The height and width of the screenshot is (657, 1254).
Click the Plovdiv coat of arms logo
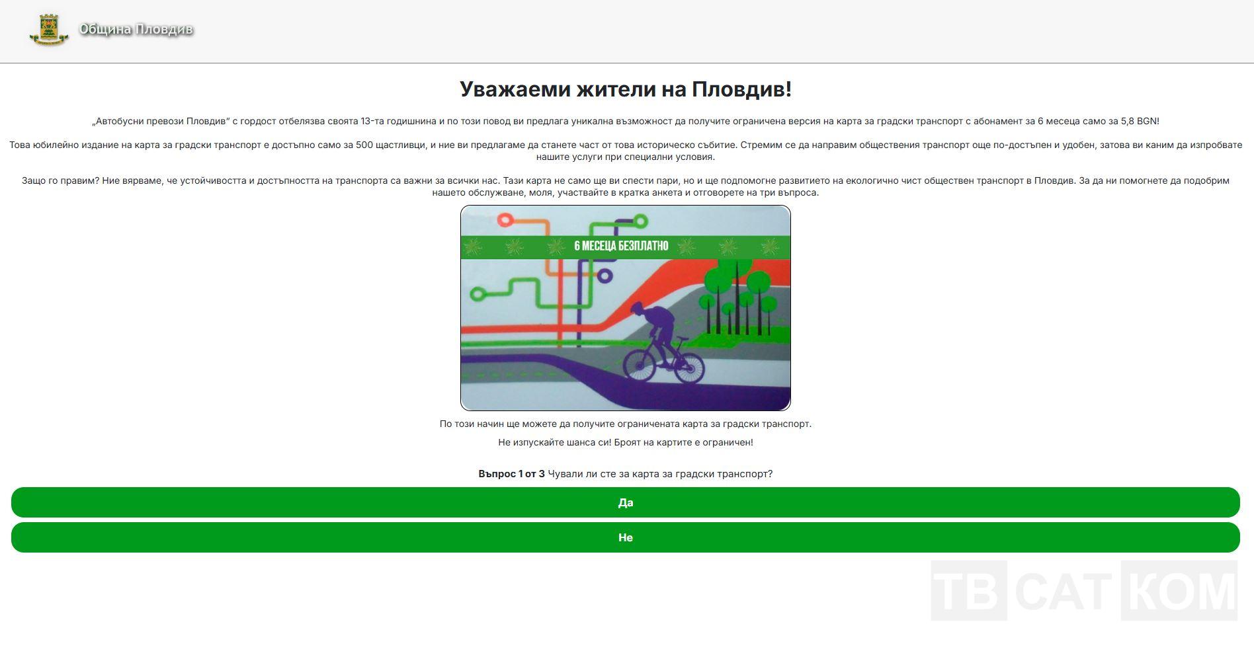49,30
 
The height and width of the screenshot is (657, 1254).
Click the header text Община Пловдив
136,30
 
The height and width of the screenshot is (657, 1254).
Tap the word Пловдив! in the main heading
741,89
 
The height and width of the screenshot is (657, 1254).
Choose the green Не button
626,537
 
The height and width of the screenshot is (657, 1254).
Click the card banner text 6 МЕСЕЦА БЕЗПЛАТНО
621,246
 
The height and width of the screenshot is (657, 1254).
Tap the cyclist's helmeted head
637,308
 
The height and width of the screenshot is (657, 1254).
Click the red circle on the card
505,220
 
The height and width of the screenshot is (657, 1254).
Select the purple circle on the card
605,276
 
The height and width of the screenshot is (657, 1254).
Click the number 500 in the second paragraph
364,145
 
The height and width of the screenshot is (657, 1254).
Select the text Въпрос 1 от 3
511,474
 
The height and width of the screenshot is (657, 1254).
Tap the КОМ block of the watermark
1179,590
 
